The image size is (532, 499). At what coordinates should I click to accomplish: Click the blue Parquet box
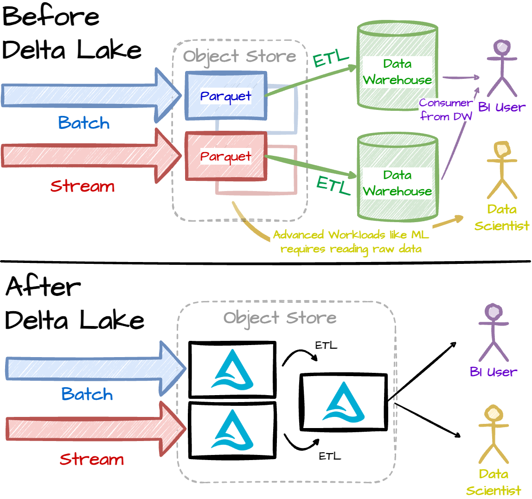pyautogui.click(x=226, y=96)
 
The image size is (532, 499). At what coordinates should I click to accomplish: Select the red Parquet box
pyautogui.click(x=226, y=156)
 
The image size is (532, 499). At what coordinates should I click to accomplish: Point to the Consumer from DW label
pyautogui.click(x=446, y=110)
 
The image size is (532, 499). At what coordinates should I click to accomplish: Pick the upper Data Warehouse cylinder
pyautogui.click(x=397, y=72)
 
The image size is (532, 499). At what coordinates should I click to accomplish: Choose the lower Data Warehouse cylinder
pyautogui.click(x=397, y=183)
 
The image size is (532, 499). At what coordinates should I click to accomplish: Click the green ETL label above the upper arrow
pyautogui.click(x=331, y=59)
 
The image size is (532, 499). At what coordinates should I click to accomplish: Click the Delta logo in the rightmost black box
pyautogui.click(x=344, y=402)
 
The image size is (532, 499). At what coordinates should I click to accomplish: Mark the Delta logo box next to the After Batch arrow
pyautogui.click(x=232, y=370)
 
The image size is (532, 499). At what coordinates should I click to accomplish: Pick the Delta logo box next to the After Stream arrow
pyautogui.click(x=232, y=430)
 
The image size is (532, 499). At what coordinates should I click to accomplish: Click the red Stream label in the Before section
pyautogui.click(x=83, y=186)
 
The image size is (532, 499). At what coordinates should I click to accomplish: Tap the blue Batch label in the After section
pyautogui.click(x=87, y=394)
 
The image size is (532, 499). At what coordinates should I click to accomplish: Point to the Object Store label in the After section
pyautogui.click(x=280, y=318)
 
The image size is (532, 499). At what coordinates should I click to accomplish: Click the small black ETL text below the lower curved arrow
pyautogui.click(x=330, y=456)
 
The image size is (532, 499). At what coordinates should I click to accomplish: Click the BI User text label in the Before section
pyautogui.click(x=502, y=108)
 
